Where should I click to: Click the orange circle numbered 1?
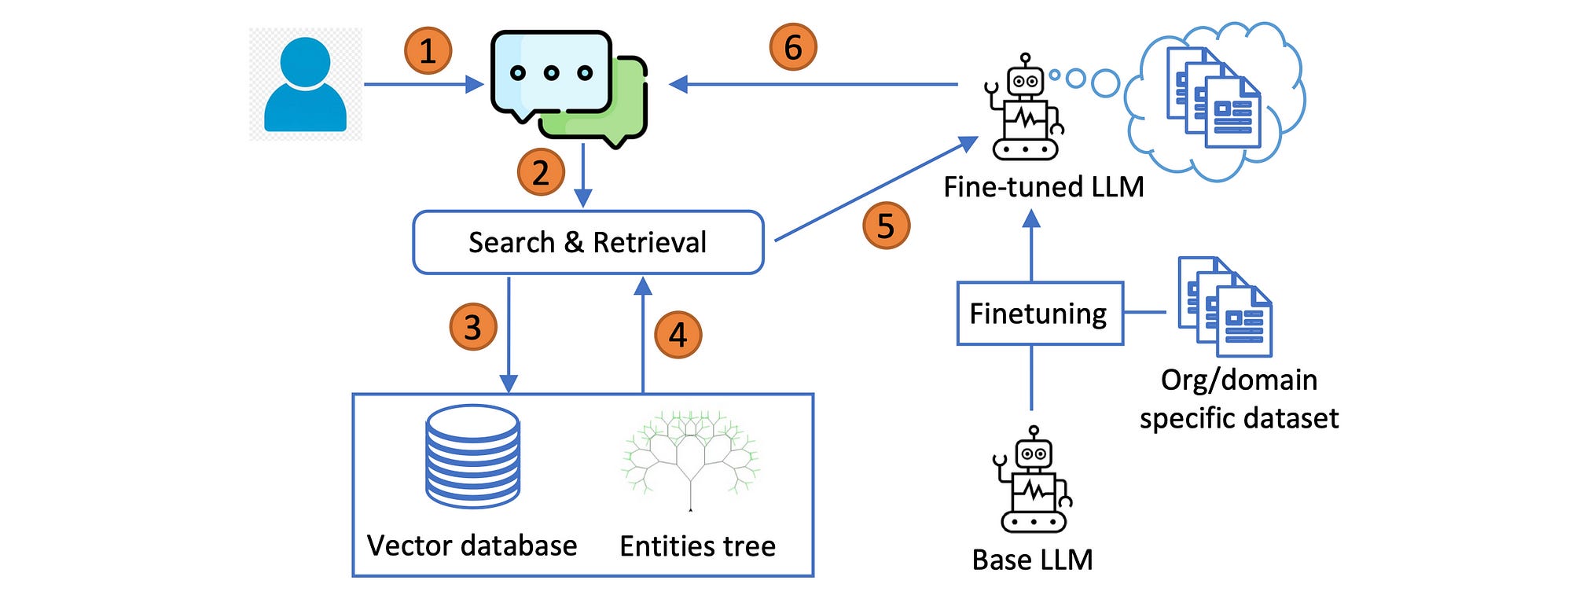point(428,51)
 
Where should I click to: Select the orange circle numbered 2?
point(541,172)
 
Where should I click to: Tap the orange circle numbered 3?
point(473,327)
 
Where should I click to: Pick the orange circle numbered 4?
point(678,335)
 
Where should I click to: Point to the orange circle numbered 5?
point(886,226)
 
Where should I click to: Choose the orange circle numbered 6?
point(793,46)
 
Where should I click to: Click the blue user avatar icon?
point(305,84)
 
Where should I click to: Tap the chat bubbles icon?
point(568,89)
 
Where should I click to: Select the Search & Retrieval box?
point(588,242)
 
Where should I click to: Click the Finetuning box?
point(1040,314)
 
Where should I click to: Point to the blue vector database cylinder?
point(472,456)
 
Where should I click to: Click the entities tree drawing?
point(691,459)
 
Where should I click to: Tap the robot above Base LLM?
point(1034,479)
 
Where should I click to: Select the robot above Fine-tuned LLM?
point(1025,107)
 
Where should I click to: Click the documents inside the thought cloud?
point(1214,97)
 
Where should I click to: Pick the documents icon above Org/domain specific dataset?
point(1225,307)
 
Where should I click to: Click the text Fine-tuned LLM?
point(1043,187)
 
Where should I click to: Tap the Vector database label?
point(472,545)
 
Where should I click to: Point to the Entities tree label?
point(697,545)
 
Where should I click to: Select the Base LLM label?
point(1032,560)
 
